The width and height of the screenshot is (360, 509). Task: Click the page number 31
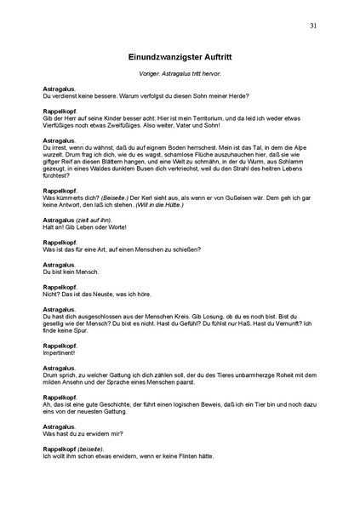[x=313, y=26]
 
